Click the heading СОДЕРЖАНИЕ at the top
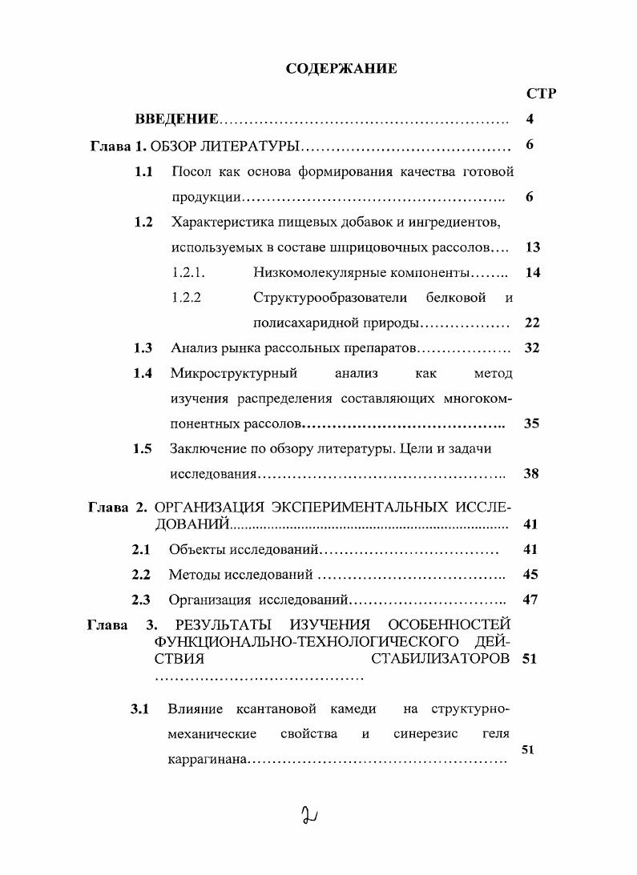coord(341,69)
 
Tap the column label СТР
coord(542,94)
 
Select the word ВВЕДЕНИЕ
coord(176,120)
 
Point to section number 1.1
coord(143,171)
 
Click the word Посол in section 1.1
coord(189,171)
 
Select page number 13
coord(531,247)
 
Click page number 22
coord(531,323)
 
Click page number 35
coord(531,423)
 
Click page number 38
coord(531,474)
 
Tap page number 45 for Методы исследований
coord(530,575)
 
